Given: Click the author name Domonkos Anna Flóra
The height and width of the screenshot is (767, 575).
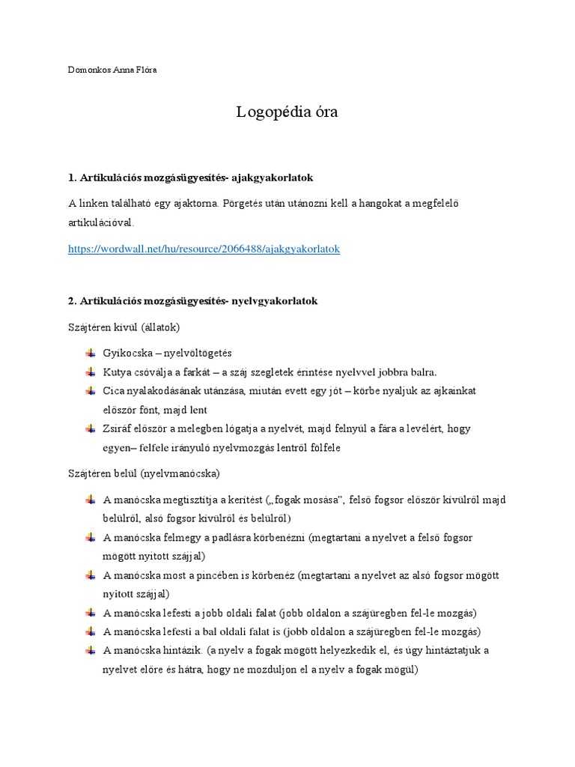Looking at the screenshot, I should pos(112,70).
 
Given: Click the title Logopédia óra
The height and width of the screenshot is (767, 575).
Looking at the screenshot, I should pos(287,112).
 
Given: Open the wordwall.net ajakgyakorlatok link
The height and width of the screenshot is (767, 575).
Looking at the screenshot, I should pos(204,249).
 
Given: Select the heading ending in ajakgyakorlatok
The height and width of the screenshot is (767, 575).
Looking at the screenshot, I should pos(190,178).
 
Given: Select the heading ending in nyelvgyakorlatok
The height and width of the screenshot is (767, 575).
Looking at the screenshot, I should pos(192,300).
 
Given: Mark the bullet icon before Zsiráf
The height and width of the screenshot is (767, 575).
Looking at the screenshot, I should pos(91,428).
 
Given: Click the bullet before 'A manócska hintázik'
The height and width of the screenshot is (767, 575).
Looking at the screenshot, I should pos(91,650).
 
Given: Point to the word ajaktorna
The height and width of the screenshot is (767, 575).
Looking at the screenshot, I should pos(193,204).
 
